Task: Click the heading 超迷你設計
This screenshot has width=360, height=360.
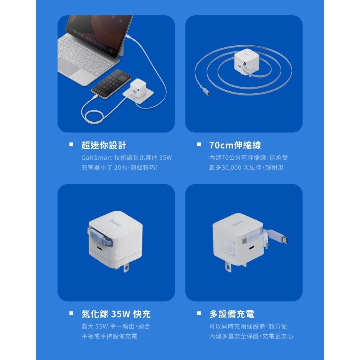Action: (x=104, y=145)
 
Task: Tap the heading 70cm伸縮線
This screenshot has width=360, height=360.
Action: (x=235, y=145)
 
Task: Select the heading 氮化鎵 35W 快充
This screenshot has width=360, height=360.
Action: (x=116, y=314)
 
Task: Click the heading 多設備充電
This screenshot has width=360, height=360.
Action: (x=231, y=314)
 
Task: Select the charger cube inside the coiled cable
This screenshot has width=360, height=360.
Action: (x=244, y=63)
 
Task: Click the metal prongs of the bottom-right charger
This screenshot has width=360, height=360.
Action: (x=229, y=267)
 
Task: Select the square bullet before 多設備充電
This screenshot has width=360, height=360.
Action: (x=199, y=314)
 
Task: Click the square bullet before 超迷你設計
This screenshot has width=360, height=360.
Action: (x=71, y=145)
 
